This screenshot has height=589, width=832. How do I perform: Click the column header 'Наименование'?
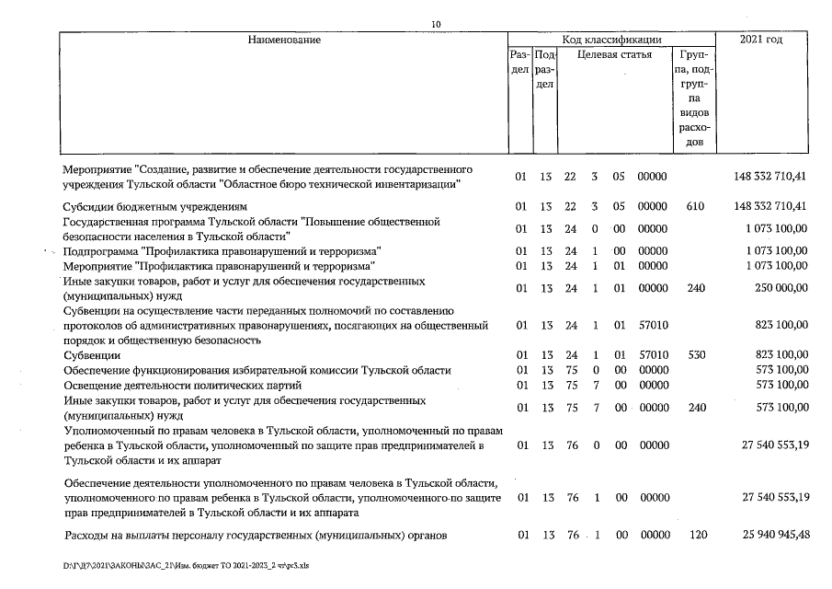click(283, 40)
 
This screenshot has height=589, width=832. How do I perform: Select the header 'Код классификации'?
click(611, 40)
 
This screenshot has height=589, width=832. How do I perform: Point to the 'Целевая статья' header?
click(615, 54)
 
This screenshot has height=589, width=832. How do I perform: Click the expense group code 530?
click(695, 354)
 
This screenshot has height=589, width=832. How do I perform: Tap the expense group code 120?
click(695, 536)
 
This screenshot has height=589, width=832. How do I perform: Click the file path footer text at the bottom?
click(185, 566)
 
